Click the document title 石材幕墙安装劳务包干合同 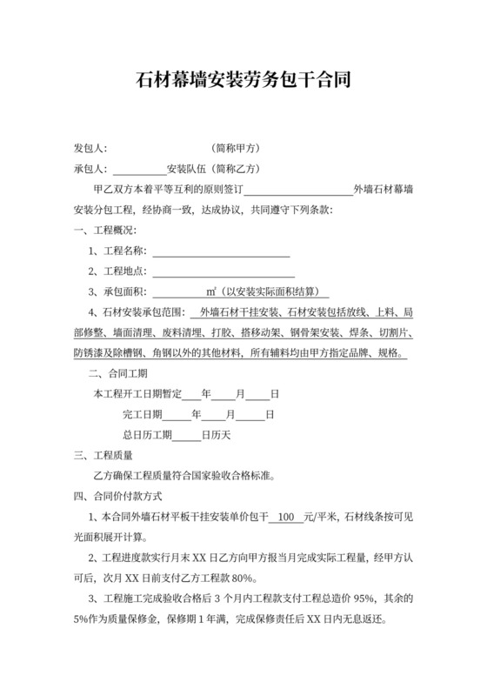click(243, 82)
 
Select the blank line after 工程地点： click(221, 272)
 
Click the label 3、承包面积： click(117, 292)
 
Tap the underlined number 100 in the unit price click(289, 517)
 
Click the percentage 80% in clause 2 click(243, 579)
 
